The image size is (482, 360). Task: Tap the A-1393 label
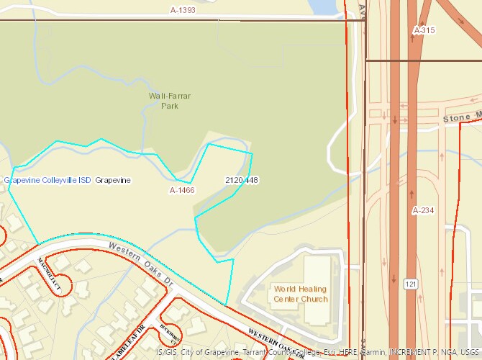(183, 10)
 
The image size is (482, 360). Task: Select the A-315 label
(424, 30)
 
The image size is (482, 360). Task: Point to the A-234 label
(424, 210)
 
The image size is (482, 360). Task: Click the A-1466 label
(182, 190)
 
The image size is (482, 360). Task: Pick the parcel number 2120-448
(242, 179)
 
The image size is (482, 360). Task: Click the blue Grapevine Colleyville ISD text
(47, 180)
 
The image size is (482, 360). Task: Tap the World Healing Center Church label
(300, 294)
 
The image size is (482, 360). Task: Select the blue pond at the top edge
(322, 6)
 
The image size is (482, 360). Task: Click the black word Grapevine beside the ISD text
(113, 180)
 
